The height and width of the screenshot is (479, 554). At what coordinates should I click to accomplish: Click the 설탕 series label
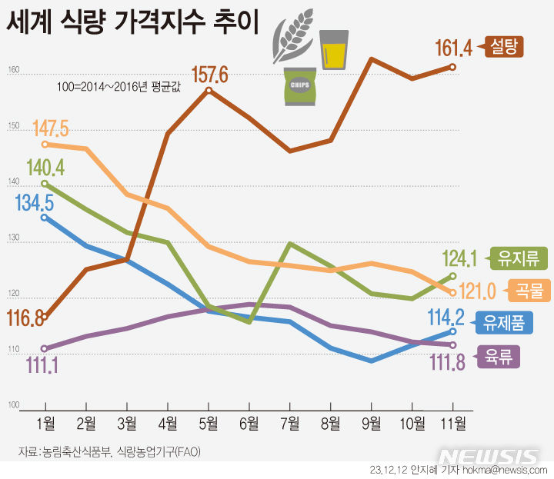click(x=505, y=48)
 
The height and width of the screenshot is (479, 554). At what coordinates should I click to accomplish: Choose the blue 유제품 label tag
click(x=505, y=324)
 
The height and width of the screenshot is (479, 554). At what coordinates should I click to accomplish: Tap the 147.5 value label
click(x=52, y=128)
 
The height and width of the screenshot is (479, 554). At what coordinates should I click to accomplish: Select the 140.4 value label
click(x=45, y=167)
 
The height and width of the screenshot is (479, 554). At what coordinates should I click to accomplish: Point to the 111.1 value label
click(x=44, y=364)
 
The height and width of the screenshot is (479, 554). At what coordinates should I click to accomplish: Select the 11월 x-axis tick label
click(x=451, y=422)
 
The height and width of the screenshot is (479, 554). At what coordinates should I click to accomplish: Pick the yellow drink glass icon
click(x=334, y=50)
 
